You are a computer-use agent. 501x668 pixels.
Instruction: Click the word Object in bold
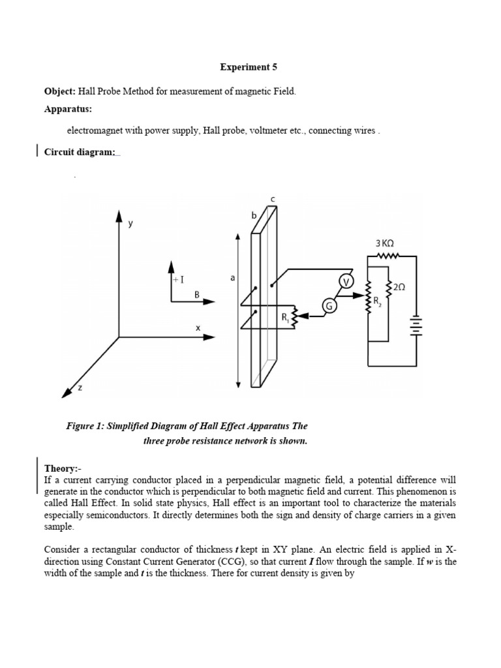(x=59, y=92)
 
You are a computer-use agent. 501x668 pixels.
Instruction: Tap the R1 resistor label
(x=285, y=318)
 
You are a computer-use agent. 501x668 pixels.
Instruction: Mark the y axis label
(x=130, y=223)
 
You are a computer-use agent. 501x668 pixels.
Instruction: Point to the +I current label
(x=178, y=279)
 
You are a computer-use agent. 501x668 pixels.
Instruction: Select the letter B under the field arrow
(x=196, y=294)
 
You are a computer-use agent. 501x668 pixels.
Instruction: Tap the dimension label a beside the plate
(x=232, y=277)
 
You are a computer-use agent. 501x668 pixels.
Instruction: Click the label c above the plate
(x=273, y=198)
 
